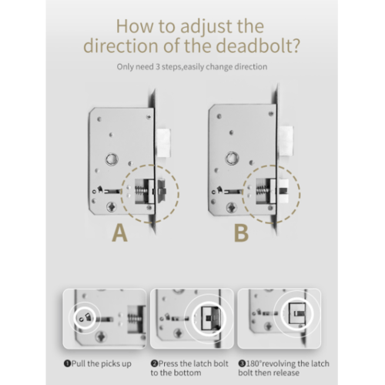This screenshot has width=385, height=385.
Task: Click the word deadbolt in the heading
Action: point(257,45)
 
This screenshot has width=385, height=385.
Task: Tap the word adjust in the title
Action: point(206,26)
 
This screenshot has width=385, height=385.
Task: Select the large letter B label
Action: point(241,233)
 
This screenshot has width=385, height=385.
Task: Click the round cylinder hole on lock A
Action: point(112,159)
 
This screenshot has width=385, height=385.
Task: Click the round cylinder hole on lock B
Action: point(232,158)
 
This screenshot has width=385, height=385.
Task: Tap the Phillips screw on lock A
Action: point(112,206)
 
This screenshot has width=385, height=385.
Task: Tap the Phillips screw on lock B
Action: point(232,206)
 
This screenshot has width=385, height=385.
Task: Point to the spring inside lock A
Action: point(139,191)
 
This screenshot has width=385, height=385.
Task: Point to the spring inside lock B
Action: point(260,191)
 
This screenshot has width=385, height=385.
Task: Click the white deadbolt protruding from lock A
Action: point(163,142)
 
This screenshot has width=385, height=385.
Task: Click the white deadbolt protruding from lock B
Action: point(286,141)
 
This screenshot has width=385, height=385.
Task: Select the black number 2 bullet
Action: point(154,363)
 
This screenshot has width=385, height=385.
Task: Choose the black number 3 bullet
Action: point(242,363)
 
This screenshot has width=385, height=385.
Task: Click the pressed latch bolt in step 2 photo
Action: point(210,319)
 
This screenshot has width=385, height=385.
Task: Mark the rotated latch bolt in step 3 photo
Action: point(297,313)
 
